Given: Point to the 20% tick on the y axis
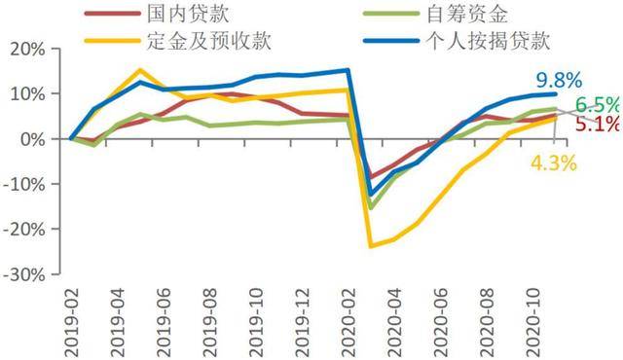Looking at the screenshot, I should [27, 50].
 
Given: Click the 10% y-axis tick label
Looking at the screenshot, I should [27, 94].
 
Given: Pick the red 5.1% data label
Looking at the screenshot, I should [596, 126].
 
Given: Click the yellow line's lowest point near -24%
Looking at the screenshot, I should [371, 246].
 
